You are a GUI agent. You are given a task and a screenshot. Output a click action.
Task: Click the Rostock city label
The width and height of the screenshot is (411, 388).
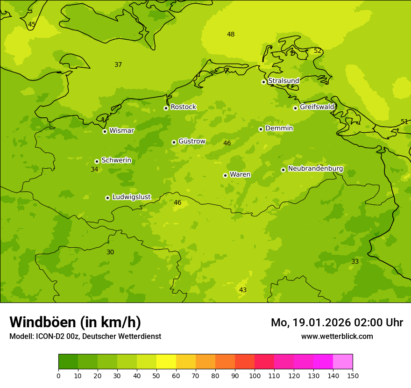click(x=183, y=107)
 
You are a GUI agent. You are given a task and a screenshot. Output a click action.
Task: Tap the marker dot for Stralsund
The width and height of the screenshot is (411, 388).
click(x=263, y=82)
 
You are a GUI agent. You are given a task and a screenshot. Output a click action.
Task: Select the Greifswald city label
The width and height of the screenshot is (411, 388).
click(x=317, y=107)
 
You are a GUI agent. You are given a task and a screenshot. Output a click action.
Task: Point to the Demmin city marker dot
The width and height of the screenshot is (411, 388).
click(x=261, y=129)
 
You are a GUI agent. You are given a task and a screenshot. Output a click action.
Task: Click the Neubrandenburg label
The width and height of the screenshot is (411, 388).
click(x=315, y=169)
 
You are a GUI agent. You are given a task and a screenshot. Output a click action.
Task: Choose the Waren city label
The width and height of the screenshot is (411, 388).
click(x=240, y=175)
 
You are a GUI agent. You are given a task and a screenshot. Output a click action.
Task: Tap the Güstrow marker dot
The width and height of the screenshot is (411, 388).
click(x=174, y=142)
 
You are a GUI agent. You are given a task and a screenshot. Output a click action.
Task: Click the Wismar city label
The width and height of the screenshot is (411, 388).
click(x=121, y=131)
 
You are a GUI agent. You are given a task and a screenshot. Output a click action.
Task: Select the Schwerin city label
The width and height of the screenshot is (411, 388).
click(x=116, y=160)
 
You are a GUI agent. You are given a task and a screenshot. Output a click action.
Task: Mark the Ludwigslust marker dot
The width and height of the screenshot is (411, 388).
click(x=107, y=198)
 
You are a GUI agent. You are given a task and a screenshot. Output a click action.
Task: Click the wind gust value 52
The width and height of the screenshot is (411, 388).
click(x=318, y=51)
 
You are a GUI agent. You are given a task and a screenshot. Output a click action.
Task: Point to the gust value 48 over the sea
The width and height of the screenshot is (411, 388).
click(x=231, y=34)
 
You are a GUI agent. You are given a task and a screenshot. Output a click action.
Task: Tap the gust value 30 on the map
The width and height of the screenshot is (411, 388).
click(x=110, y=252)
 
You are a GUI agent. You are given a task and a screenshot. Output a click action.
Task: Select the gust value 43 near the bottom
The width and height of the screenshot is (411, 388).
click(x=243, y=290)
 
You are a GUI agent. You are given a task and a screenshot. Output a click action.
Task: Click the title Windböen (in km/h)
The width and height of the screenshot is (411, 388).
click(x=75, y=322)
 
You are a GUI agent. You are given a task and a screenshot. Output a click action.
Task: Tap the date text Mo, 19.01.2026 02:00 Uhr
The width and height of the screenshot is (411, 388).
click(x=337, y=323)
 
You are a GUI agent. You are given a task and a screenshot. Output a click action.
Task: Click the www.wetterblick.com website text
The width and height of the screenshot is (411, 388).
click(x=337, y=337)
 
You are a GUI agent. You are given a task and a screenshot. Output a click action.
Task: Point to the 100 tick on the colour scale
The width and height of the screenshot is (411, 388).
click(x=255, y=375)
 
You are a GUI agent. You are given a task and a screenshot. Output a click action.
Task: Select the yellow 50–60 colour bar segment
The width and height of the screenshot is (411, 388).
click(x=166, y=362)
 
